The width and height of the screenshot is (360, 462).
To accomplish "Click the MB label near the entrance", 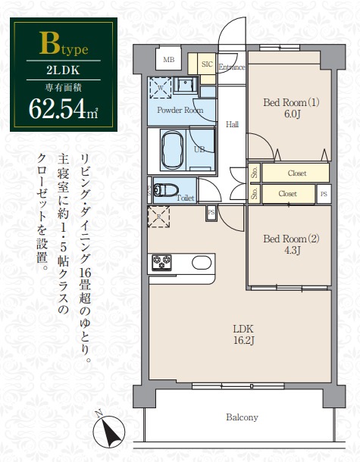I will [x=167, y=60].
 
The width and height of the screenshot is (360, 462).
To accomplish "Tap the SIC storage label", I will [x=206, y=64].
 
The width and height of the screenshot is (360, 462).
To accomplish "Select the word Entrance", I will [x=232, y=67].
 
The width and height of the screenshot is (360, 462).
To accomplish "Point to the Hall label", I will [x=233, y=124].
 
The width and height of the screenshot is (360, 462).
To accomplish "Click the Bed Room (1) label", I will [x=292, y=102].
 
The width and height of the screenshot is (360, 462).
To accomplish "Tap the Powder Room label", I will [x=180, y=110].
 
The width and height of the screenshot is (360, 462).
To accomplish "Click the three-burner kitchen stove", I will [x=162, y=263].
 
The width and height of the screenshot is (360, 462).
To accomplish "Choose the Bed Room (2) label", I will [x=292, y=239].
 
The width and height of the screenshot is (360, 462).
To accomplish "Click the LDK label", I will [x=243, y=328].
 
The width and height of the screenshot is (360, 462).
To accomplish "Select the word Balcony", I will [x=242, y=417].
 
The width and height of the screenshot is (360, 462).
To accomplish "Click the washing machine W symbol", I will [x=161, y=86].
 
